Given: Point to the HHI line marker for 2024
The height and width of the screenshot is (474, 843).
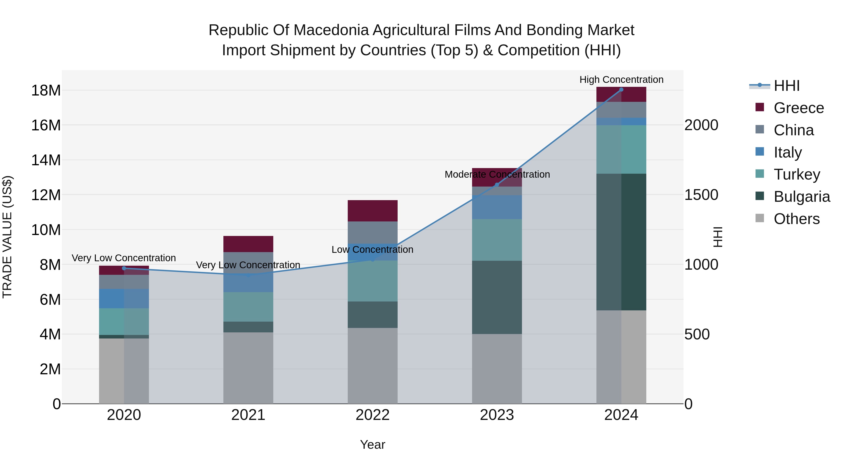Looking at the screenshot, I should pyautogui.click(x=621, y=90).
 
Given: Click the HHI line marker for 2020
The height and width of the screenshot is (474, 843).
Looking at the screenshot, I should pyautogui.click(x=124, y=268).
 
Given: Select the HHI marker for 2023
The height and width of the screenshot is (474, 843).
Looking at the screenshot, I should pyautogui.click(x=497, y=185).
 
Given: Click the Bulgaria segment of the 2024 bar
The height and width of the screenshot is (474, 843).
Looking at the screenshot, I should pyautogui.click(x=621, y=242).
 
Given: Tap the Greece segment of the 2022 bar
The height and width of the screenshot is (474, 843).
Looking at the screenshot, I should pyautogui.click(x=372, y=211).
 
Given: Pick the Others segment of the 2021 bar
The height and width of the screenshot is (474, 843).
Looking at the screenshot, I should pyautogui.click(x=248, y=368).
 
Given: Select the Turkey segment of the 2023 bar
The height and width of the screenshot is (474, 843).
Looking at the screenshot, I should pyautogui.click(x=497, y=240).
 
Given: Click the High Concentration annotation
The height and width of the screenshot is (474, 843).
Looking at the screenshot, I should pyautogui.click(x=621, y=80).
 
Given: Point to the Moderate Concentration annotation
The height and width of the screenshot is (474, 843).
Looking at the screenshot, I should pyautogui.click(x=497, y=175).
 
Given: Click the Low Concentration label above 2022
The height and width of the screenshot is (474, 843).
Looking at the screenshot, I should pyautogui.click(x=372, y=250).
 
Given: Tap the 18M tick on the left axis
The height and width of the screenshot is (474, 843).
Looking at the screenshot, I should pyautogui.click(x=46, y=91).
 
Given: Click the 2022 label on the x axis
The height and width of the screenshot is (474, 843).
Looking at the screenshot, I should pyautogui.click(x=372, y=415).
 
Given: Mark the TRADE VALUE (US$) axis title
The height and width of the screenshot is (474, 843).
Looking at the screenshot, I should pyautogui.click(x=7, y=237).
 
